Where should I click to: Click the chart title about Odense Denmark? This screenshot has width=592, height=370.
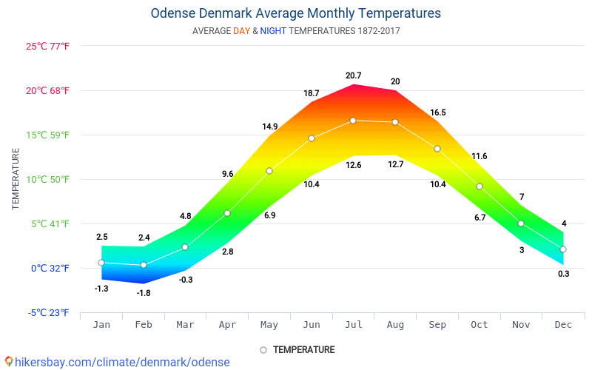coord(295,13)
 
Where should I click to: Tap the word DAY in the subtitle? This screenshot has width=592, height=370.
coord(241,31)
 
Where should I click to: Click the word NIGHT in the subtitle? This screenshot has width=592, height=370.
coord(273,31)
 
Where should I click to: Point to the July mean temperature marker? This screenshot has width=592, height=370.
coord(353,121)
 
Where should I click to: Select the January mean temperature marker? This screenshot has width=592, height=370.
coord(101,263)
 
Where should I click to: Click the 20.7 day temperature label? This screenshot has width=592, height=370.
coord(353,75)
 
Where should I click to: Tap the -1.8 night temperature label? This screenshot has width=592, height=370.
coord(144,293)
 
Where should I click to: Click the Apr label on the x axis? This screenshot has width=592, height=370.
coord(227,324)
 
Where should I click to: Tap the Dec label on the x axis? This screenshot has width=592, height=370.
coord(563,324)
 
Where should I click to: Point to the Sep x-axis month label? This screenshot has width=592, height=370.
coord(437,324)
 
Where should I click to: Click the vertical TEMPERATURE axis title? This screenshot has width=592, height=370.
coord(16,178)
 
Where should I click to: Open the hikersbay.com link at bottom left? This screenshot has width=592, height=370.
coord(122,362)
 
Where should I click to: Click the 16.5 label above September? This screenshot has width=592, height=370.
coord(437,112)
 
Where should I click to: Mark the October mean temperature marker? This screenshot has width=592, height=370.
coord(480,186)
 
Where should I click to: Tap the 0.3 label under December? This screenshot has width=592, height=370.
coord(563,274)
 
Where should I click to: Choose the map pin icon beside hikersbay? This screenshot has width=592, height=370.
coord(8,362)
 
